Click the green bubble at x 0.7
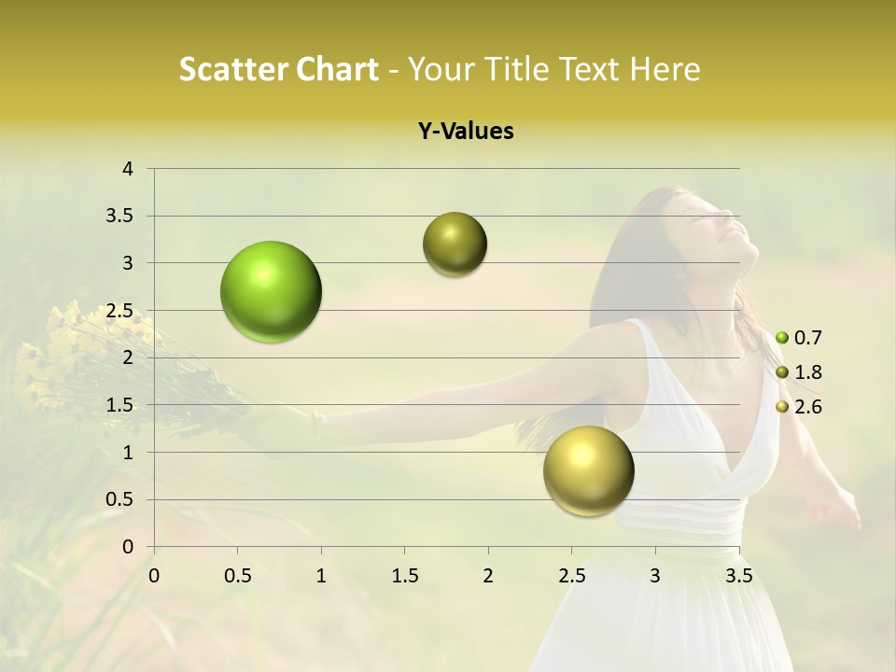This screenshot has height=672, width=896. pyautogui.click(x=272, y=291)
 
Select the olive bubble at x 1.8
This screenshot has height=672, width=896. pyautogui.click(x=455, y=245)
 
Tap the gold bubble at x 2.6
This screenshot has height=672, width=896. pyautogui.click(x=588, y=470)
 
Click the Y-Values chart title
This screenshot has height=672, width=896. pyautogui.click(x=466, y=132)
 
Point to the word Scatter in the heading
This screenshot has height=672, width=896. pyautogui.click(x=232, y=70)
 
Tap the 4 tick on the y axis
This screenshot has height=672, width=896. pyautogui.click(x=128, y=169)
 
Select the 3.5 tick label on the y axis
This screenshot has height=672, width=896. pyautogui.click(x=121, y=217)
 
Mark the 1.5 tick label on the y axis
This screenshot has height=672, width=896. pyautogui.click(x=121, y=405)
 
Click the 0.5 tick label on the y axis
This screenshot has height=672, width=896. pyautogui.click(x=121, y=499)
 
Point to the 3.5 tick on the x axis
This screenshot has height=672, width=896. pyautogui.click(x=738, y=576)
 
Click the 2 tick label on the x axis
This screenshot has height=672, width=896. pyautogui.click(x=488, y=576)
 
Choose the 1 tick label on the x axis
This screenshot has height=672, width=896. pyautogui.click(x=321, y=576)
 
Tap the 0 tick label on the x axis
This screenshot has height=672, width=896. pyautogui.click(x=154, y=576)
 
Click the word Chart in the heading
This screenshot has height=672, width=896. pyautogui.click(x=337, y=70)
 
